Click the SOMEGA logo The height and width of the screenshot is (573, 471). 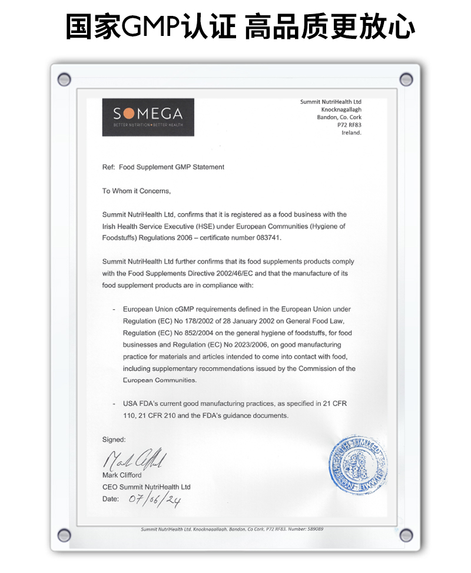[x=148, y=117]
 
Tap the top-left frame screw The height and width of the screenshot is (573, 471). [x=64, y=79]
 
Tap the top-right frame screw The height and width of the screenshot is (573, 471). [x=406, y=79]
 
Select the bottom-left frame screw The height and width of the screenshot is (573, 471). [x=64, y=535]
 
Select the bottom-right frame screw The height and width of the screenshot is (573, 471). [x=406, y=535]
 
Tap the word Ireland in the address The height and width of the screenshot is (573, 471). [x=351, y=133]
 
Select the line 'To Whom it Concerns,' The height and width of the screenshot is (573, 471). [x=137, y=191]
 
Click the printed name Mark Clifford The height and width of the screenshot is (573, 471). [x=122, y=475]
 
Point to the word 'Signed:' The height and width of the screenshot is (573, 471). [x=114, y=439]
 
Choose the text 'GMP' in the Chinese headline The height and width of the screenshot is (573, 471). [x=151, y=27]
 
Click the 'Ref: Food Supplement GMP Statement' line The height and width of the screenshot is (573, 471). [x=163, y=167]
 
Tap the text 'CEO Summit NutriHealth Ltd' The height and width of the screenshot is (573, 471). [x=147, y=487]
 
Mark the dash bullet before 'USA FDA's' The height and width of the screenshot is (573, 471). [x=114, y=403]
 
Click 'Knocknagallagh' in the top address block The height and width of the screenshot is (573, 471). [x=341, y=110]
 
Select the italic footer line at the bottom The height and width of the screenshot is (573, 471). [x=232, y=529]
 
